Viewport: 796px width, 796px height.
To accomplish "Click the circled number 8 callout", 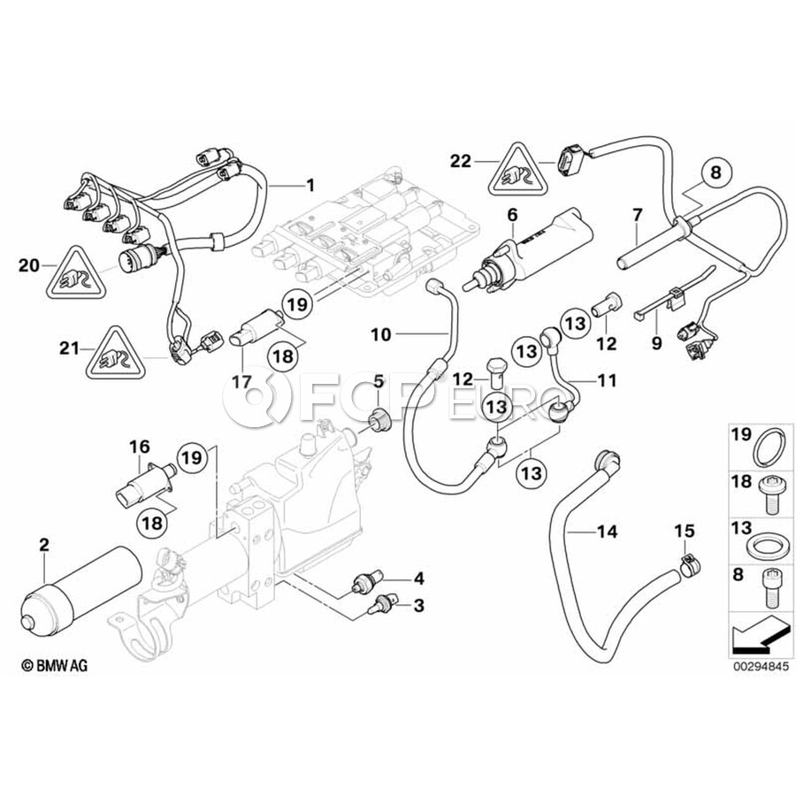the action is (x=716, y=172).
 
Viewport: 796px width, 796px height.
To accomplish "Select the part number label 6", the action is (x=512, y=215).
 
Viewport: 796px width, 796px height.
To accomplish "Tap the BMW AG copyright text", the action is (x=55, y=665).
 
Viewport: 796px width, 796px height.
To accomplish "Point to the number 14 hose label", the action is (x=607, y=532).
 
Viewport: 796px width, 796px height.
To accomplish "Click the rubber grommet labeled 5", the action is (x=379, y=421).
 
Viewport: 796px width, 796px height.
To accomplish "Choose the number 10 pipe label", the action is (x=381, y=334).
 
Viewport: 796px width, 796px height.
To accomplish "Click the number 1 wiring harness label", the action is (x=310, y=185).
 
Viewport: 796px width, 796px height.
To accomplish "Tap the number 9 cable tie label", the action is (x=657, y=343).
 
